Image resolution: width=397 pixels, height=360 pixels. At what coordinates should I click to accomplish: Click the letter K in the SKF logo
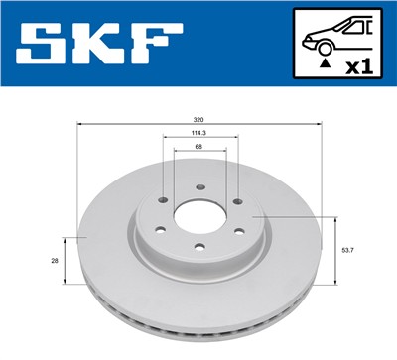[x=100, y=46]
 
